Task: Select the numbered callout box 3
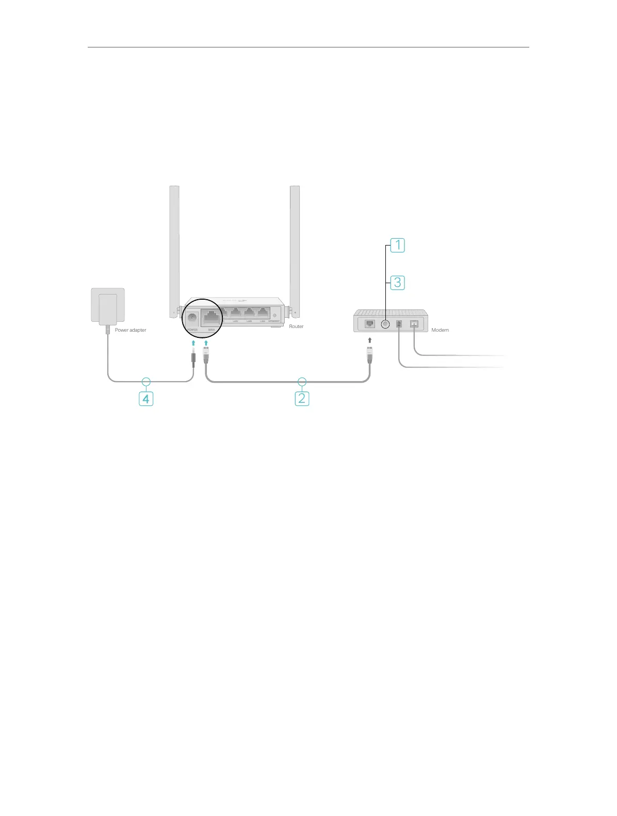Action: tap(397, 283)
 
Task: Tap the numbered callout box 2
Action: tap(302, 398)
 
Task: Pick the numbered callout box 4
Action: tap(146, 399)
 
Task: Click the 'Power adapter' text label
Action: tap(131, 330)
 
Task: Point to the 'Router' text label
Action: tap(296, 327)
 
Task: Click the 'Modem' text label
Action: tap(440, 330)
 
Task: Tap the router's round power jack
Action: tap(192, 318)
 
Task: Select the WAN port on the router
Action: tap(212, 317)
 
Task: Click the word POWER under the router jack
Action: tap(192, 330)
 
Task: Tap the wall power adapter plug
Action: tap(108, 307)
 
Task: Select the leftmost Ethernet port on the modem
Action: tap(370, 324)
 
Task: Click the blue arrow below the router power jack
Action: tap(193, 343)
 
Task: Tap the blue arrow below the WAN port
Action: tap(206, 343)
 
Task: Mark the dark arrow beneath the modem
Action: tap(370, 340)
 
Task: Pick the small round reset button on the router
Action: tap(274, 315)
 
